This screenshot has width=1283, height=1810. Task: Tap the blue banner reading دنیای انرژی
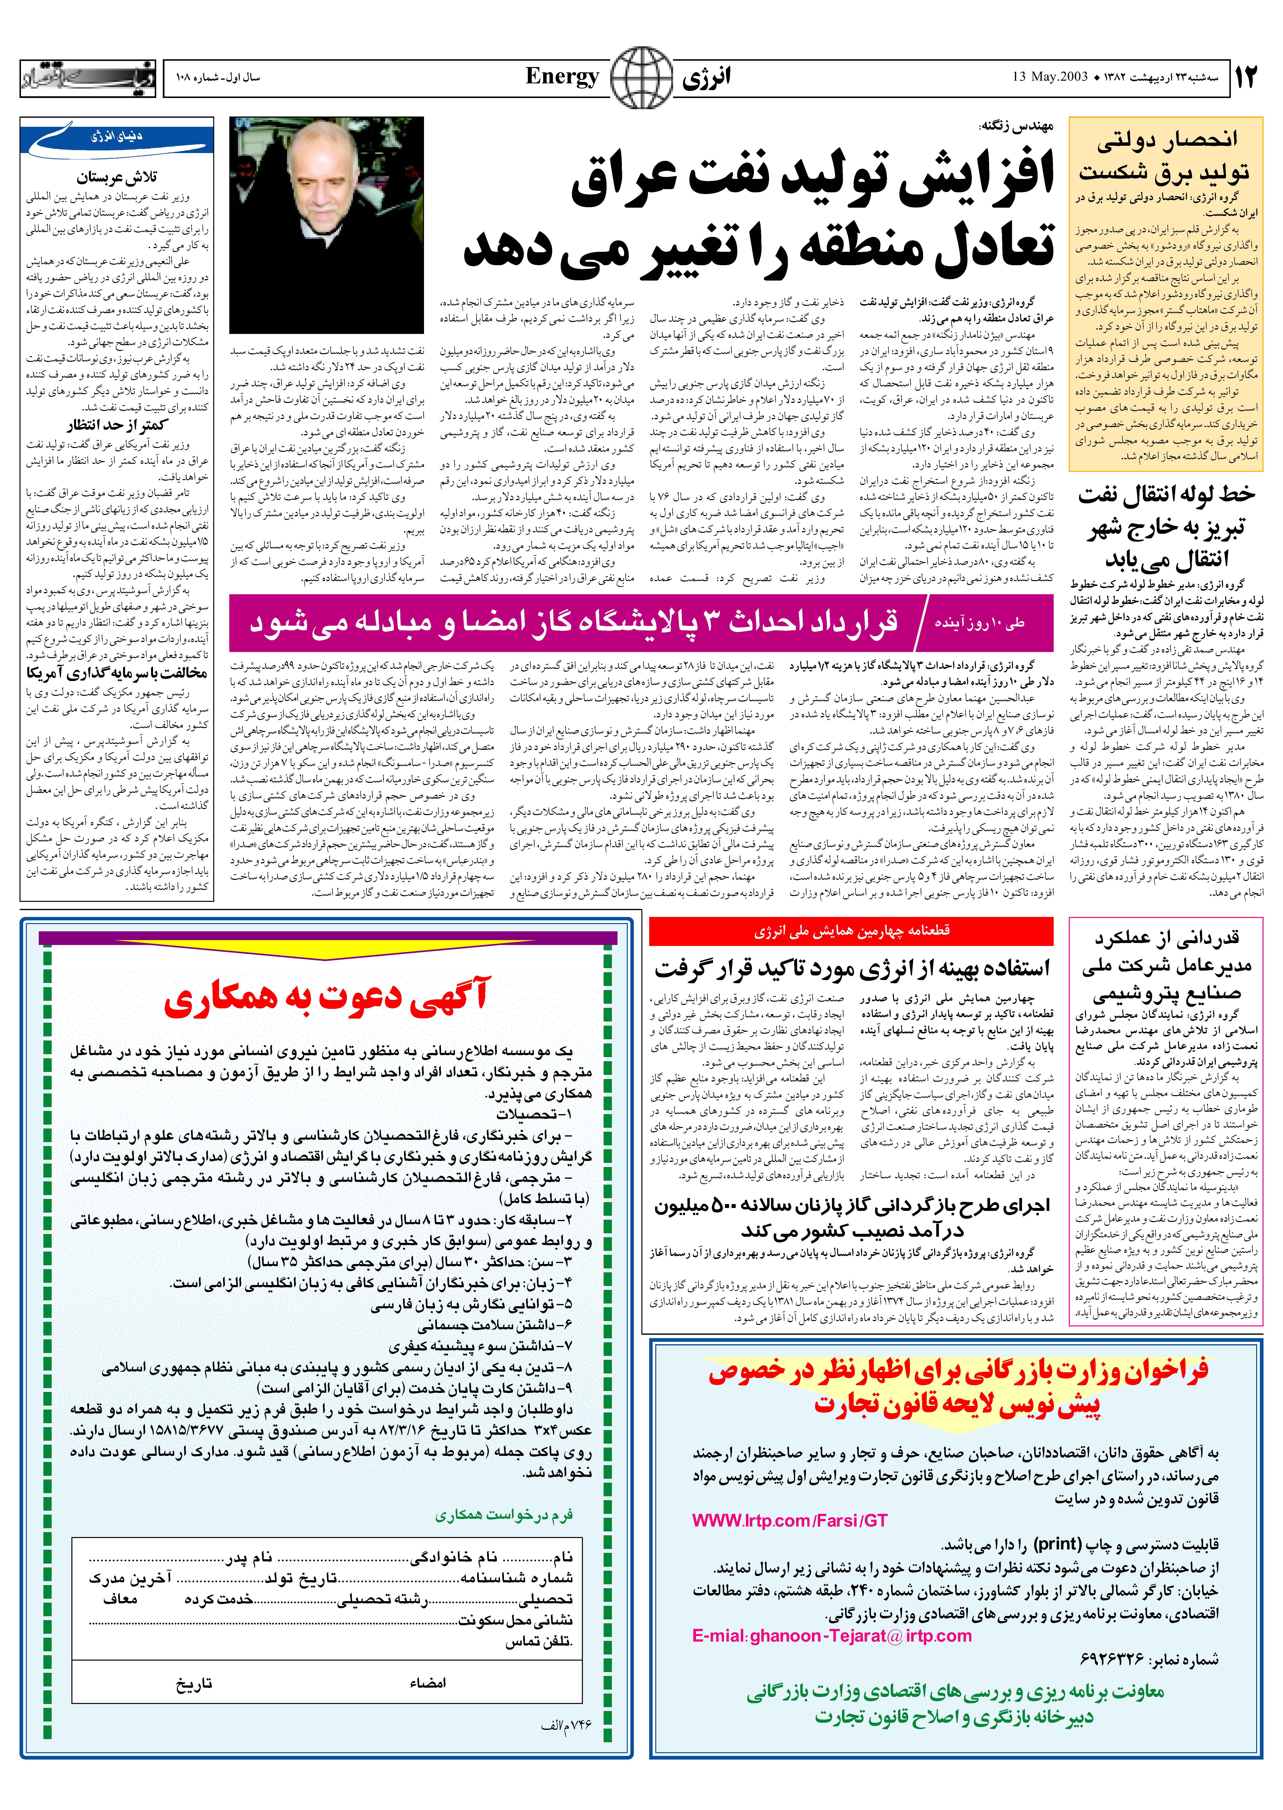(118, 140)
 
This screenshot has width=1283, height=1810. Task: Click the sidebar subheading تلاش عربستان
(117, 178)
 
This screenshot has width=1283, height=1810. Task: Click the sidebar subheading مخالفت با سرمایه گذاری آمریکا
(117, 674)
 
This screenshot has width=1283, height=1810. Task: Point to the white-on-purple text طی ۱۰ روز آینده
(980, 623)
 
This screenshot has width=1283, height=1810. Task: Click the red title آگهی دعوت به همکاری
(327, 998)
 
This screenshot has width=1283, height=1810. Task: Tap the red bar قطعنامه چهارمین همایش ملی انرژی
(851, 932)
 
